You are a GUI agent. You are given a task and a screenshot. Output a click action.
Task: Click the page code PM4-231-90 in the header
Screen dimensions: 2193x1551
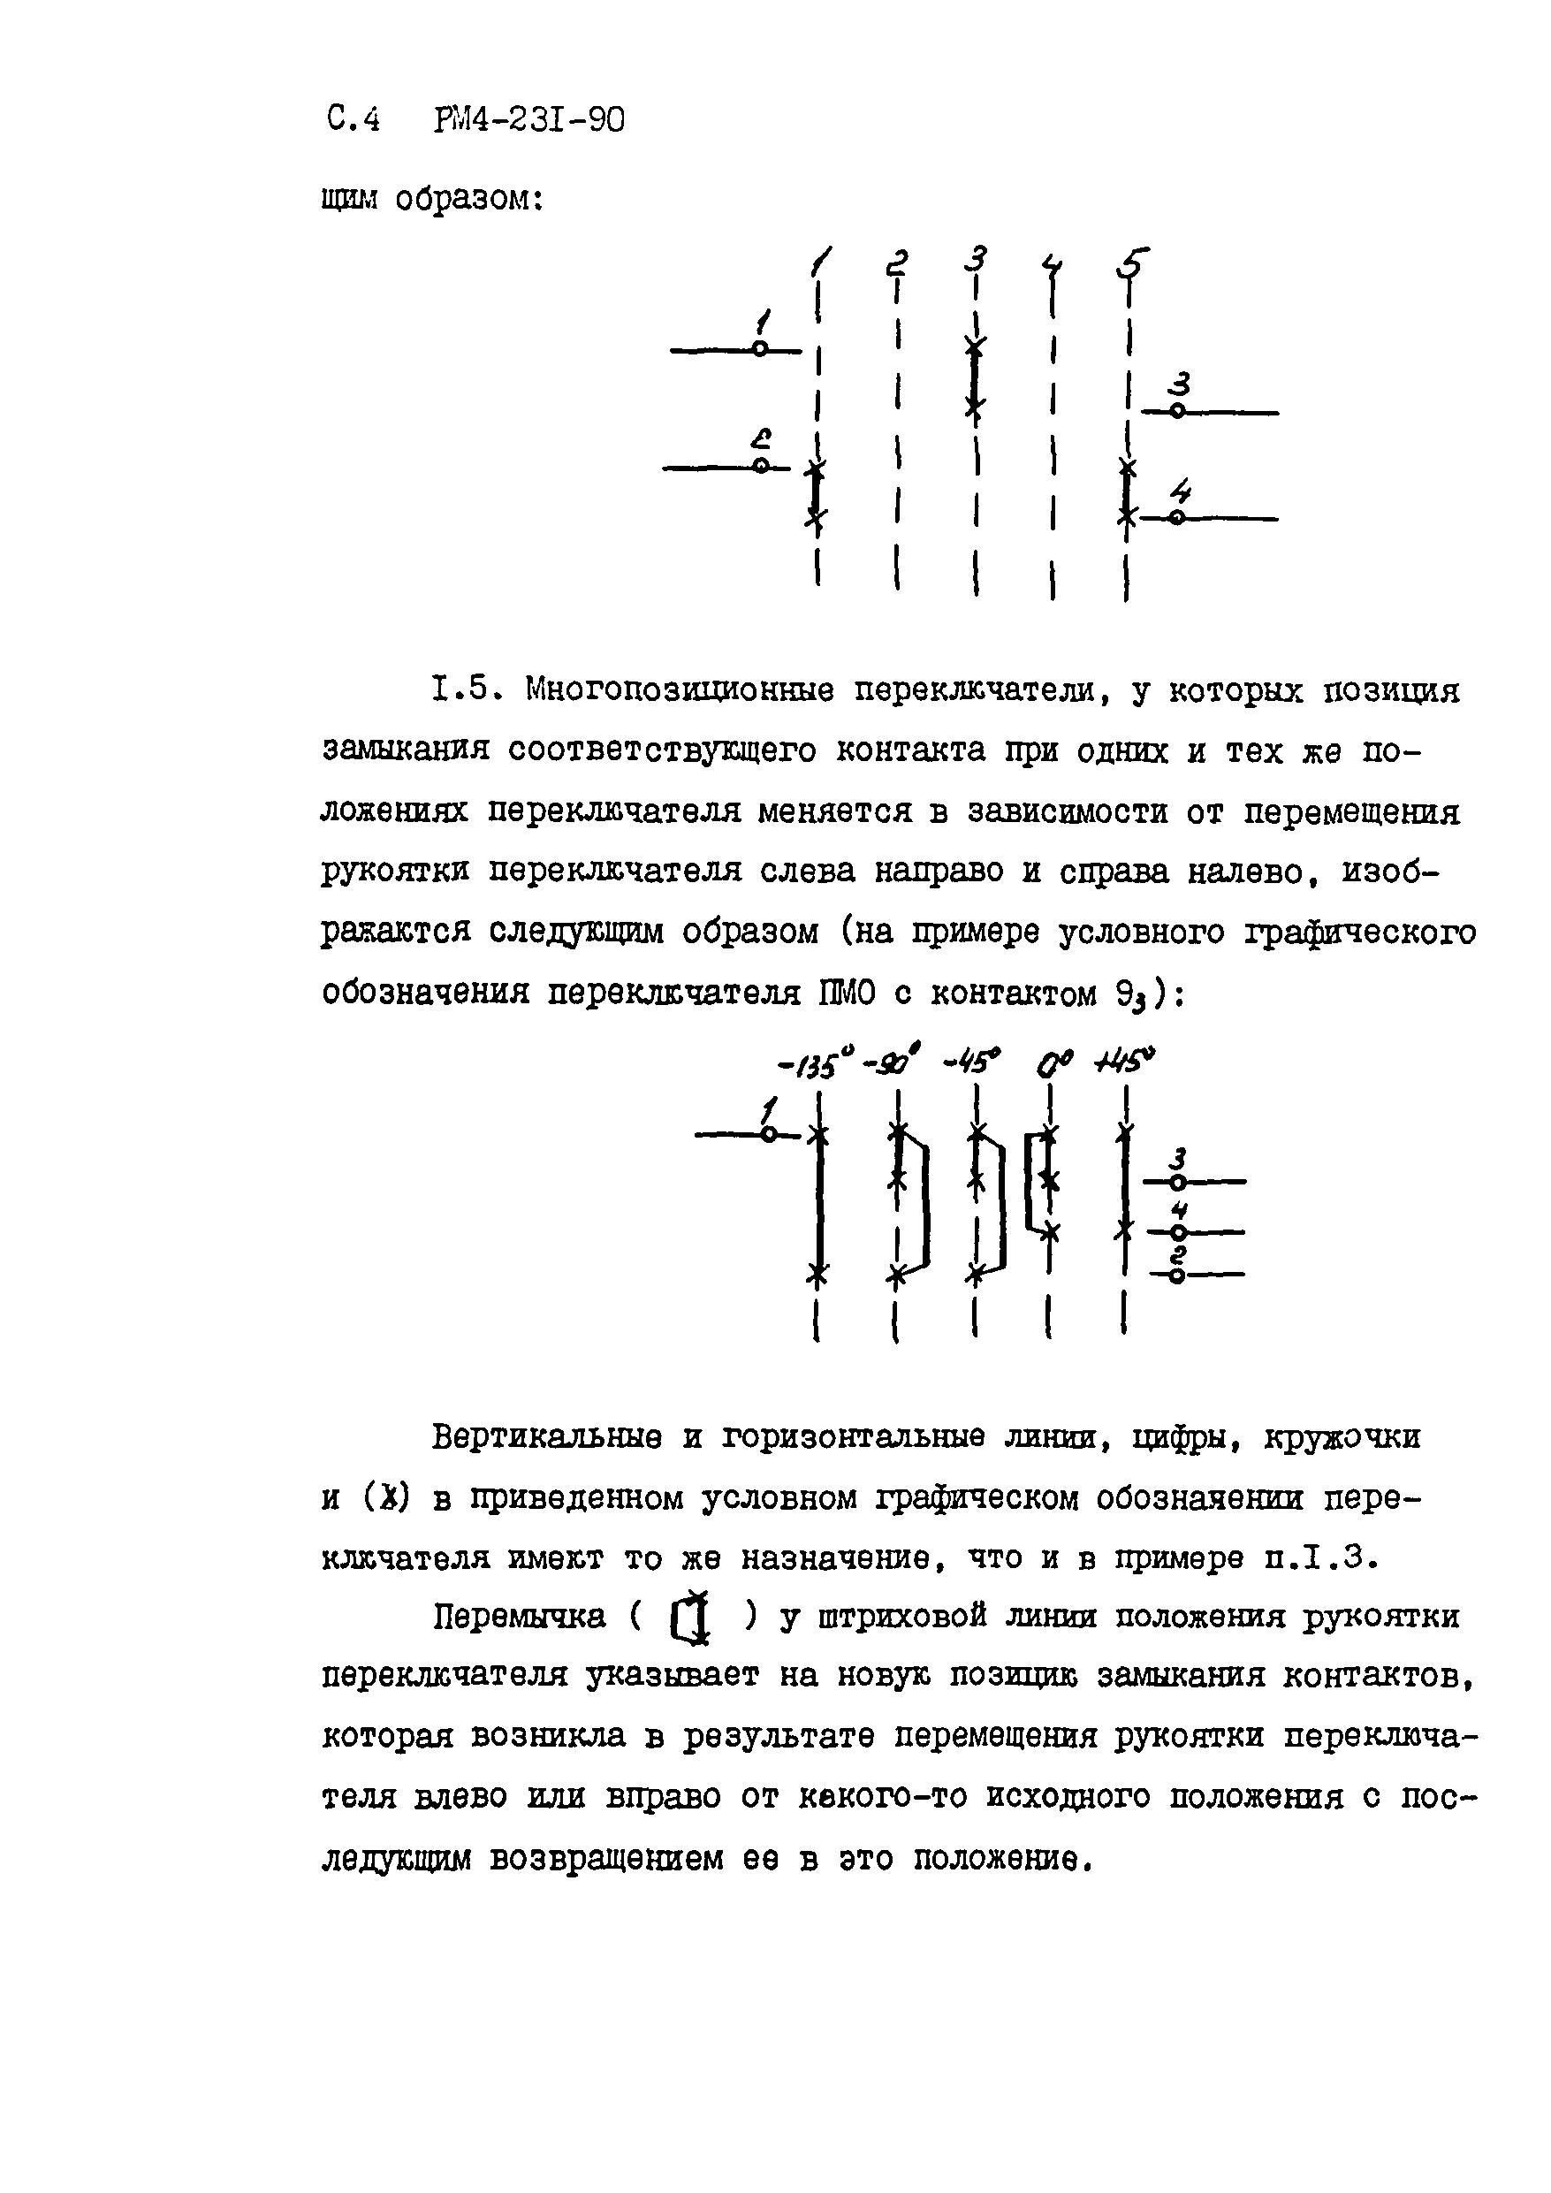coord(529,120)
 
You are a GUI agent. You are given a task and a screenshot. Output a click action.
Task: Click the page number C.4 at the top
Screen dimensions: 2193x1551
coord(353,120)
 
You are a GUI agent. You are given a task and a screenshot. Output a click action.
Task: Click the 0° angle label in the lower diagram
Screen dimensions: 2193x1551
coord(1054,1062)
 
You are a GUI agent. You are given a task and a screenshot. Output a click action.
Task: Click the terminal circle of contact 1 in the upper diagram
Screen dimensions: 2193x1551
coord(759,349)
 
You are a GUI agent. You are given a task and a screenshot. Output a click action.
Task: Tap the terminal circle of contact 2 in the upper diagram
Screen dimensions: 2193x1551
coord(761,465)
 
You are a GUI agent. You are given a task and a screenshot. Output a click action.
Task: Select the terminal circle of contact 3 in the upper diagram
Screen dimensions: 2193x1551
coord(1177,411)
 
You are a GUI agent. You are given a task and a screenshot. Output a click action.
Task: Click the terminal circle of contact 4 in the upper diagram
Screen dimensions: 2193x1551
coord(1177,518)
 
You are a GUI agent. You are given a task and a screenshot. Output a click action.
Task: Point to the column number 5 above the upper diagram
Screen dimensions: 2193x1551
coord(1133,263)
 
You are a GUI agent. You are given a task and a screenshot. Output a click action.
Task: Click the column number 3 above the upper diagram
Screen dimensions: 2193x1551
coord(975,259)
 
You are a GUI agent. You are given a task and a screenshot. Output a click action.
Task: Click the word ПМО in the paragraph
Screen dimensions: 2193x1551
coord(845,994)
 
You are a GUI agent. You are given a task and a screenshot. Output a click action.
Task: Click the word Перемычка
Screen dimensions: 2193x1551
coord(520,1617)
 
